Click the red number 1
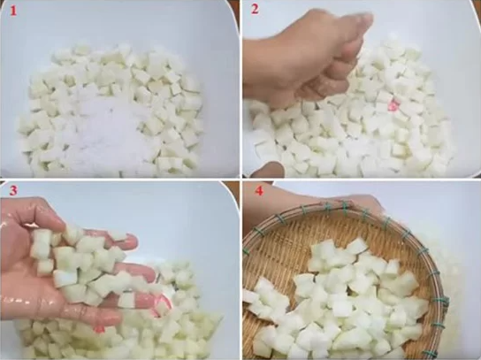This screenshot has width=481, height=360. [x=13, y=11]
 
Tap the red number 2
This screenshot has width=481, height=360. [x=255, y=9]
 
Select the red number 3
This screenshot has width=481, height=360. [x=13, y=190]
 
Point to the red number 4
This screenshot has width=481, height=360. [x=259, y=191]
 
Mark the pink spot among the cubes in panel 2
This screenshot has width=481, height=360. [x=393, y=105]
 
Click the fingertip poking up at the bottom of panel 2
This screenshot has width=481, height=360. [x=269, y=170]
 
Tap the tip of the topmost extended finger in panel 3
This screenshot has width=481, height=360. [x=134, y=241]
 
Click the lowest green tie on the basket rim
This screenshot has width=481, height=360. [x=438, y=326]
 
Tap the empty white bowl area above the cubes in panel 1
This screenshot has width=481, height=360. [x=119, y=25]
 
